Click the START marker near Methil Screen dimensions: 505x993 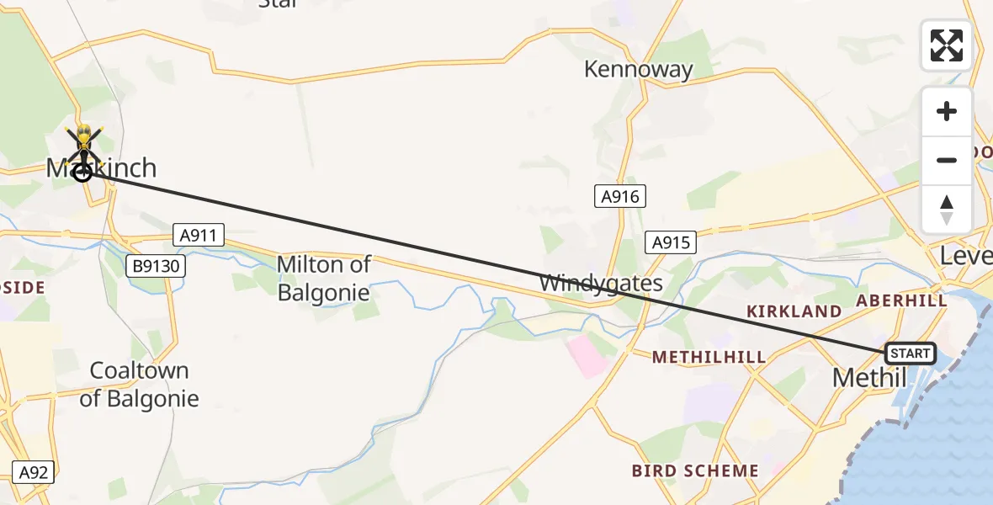click(x=910, y=353)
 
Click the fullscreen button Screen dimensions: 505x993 click(x=946, y=45)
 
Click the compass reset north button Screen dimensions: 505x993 click(x=946, y=210)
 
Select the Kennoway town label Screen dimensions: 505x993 click(x=639, y=69)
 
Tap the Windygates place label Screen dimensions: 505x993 click(x=601, y=283)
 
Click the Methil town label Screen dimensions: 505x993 click(x=869, y=378)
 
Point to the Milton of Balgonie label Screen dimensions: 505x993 click(x=323, y=278)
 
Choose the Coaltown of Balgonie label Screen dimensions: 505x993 click(x=139, y=385)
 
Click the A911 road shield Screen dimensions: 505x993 click(x=199, y=235)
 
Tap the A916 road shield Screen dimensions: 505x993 click(x=620, y=197)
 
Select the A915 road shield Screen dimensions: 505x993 click(x=671, y=243)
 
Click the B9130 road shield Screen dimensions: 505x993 click(x=156, y=266)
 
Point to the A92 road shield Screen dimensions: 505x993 click(x=34, y=472)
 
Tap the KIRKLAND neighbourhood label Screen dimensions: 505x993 click(x=794, y=311)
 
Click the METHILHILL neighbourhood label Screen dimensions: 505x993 click(x=709, y=358)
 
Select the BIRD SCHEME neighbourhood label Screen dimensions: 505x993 click(x=695, y=471)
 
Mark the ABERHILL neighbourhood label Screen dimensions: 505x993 click(x=901, y=300)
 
